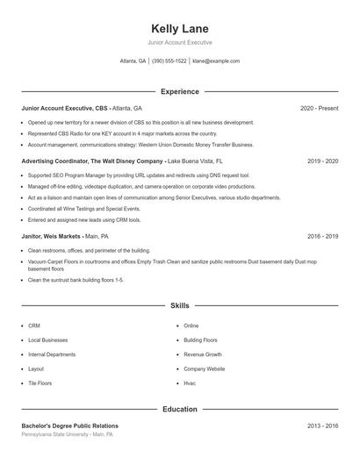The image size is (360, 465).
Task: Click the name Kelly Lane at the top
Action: [x=179, y=29]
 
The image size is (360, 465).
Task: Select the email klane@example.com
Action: [x=215, y=61]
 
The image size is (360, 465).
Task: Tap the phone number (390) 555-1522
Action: [x=169, y=61]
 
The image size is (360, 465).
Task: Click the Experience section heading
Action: [x=179, y=91]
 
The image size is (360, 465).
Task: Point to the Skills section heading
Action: [x=179, y=305]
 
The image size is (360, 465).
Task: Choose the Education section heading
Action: [x=179, y=409]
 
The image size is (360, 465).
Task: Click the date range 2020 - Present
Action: [x=319, y=108]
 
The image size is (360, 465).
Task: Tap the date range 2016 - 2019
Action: [x=322, y=236]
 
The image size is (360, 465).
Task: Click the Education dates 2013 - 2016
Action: [x=322, y=426]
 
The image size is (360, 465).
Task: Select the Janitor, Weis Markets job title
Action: [x=51, y=236]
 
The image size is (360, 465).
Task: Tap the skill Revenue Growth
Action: [x=202, y=354]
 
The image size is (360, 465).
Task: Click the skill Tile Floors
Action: [x=40, y=383]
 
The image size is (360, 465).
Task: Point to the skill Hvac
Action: [x=190, y=383]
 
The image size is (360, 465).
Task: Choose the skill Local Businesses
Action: [x=47, y=340]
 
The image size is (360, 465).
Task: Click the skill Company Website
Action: [x=204, y=369]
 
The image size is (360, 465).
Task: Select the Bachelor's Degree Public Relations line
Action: [x=69, y=426]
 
